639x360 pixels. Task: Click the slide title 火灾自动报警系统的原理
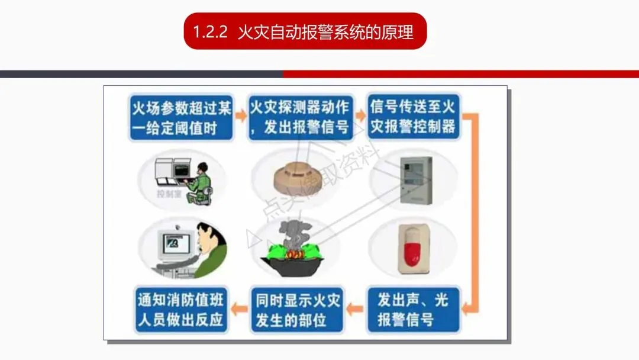(325, 31)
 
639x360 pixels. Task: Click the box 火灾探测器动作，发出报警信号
(300, 117)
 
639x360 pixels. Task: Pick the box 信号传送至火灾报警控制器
(413, 117)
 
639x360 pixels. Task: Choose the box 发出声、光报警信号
(413, 309)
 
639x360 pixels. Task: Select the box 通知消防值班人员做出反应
(180, 309)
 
